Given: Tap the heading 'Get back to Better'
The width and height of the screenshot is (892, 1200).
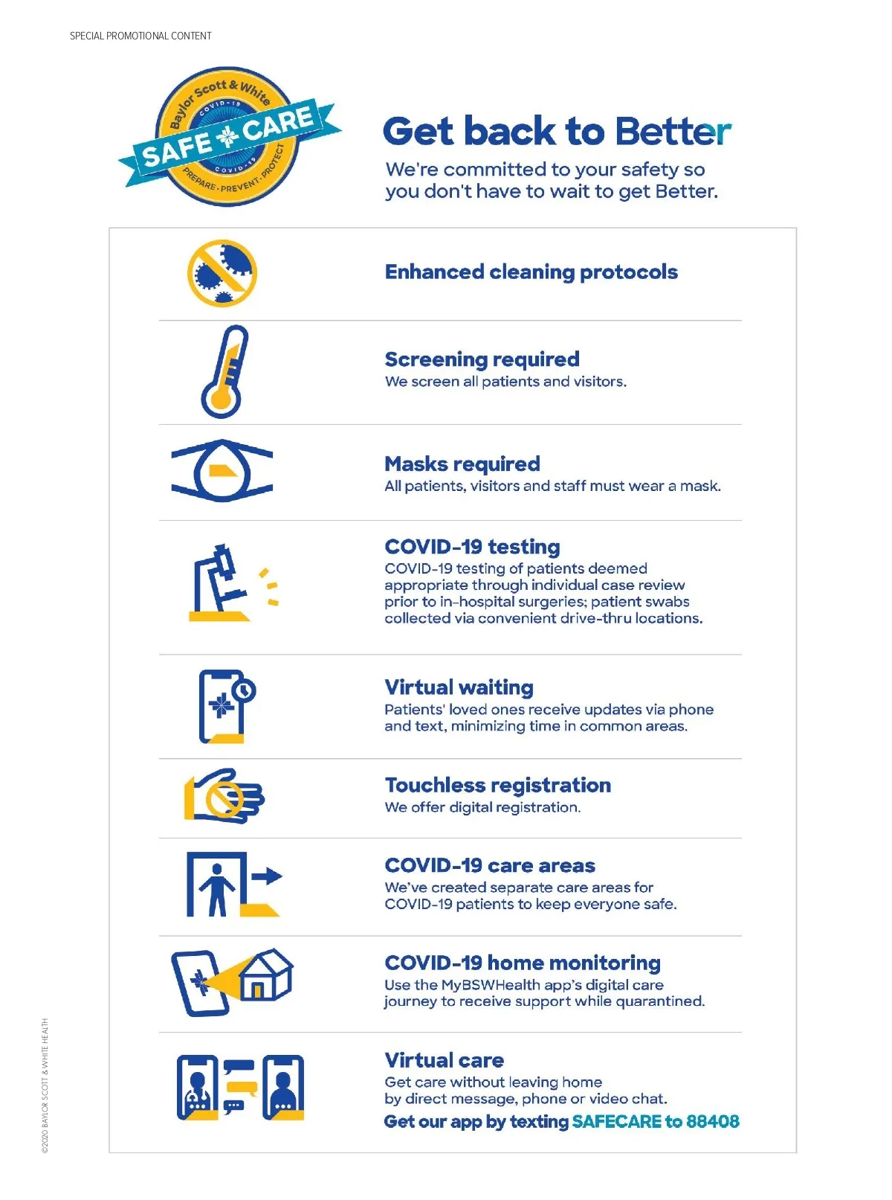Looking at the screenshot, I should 557,132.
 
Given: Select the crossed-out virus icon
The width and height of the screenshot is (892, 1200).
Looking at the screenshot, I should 222,273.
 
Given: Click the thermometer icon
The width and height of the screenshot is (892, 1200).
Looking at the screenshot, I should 224,371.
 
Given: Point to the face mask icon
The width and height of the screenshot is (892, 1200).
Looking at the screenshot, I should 222,471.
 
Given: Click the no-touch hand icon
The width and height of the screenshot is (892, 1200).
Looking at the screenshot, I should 224,796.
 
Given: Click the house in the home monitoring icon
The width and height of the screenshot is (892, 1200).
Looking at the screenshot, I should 266,974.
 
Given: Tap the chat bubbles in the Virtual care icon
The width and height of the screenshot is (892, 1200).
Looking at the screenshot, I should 240,1087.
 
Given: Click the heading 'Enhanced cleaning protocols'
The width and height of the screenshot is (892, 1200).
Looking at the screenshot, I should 531,272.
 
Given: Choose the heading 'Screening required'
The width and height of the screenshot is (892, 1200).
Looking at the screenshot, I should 482,359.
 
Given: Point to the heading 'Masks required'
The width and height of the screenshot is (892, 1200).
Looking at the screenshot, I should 462,464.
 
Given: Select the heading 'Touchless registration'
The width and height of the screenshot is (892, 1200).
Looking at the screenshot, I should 497,786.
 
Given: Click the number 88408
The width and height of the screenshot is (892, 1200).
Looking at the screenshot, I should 713,1122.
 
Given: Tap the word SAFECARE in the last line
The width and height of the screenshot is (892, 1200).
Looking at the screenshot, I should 616,1122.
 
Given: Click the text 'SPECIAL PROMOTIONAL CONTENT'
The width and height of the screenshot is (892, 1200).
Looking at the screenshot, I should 140,36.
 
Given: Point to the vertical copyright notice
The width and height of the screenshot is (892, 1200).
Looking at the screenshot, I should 45,1085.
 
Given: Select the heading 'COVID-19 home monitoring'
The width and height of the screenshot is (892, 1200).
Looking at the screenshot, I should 522,963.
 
